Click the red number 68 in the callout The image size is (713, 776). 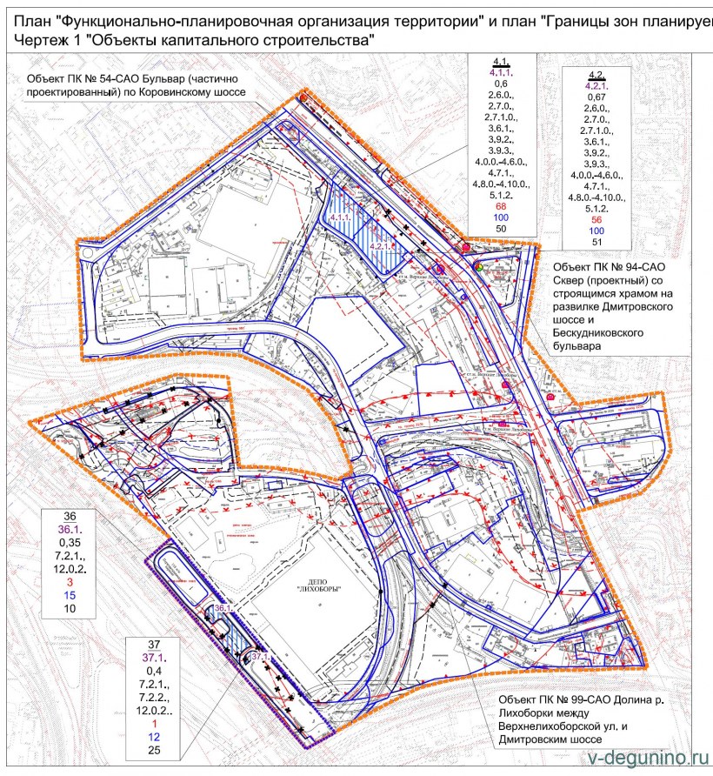502,206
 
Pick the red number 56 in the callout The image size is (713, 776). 597,220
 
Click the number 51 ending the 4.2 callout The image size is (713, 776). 597,243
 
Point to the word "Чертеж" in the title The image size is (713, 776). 35,40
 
